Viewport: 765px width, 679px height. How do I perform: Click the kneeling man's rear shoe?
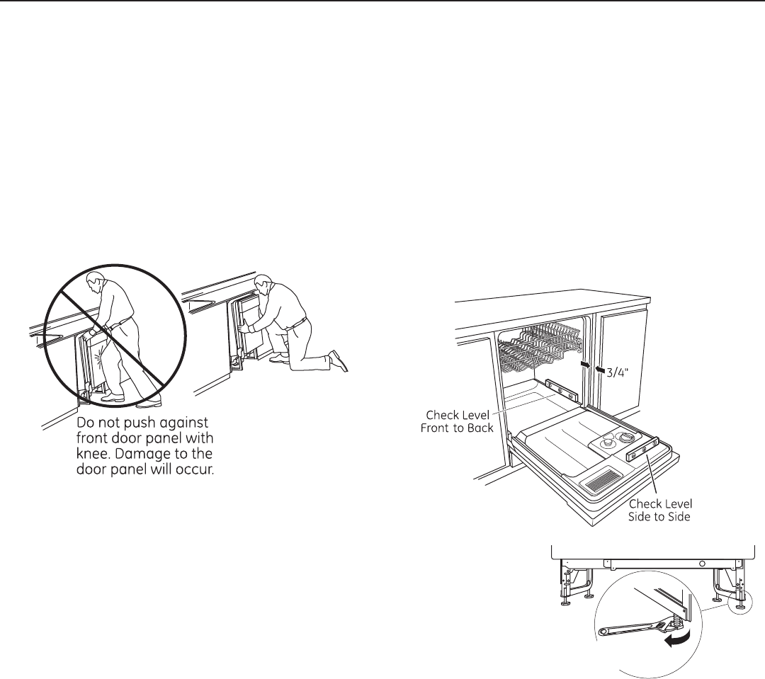click(x=339, y=361)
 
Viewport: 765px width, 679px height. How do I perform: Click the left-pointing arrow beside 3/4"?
click(x=600, y=367)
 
